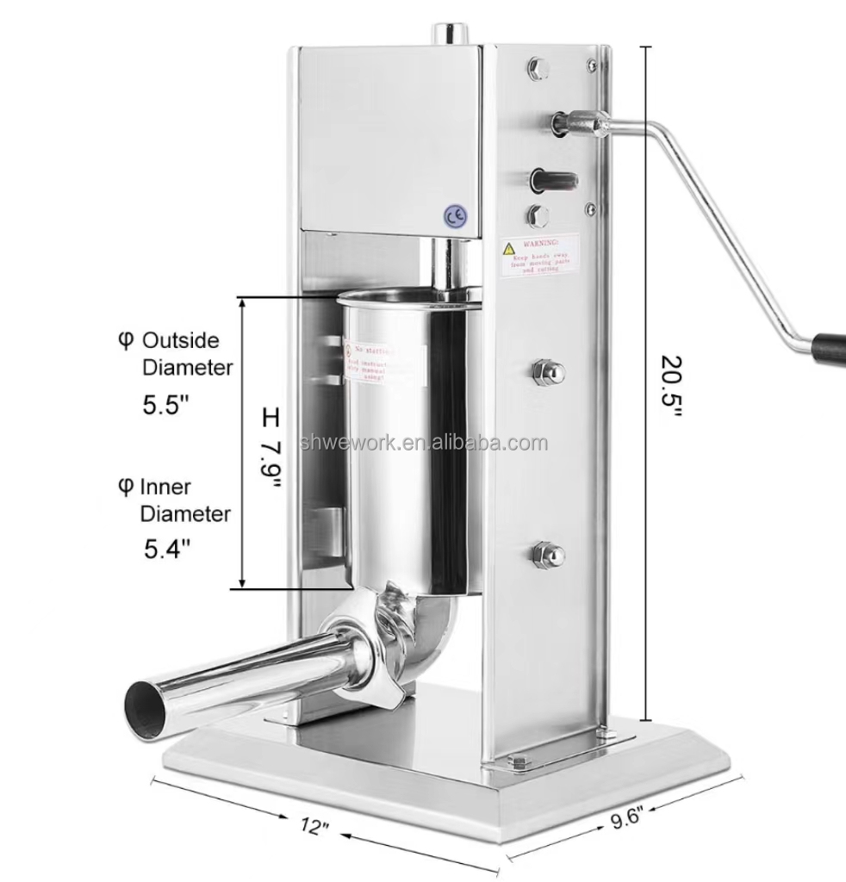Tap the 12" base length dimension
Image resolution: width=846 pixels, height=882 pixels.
coord(316,828)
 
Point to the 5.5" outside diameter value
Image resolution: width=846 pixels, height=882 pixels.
coord(165,406)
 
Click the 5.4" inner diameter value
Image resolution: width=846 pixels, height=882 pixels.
coord(166,549)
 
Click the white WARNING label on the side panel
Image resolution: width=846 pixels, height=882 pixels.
coord(540,256)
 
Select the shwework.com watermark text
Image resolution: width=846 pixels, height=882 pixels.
coord(421,444)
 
